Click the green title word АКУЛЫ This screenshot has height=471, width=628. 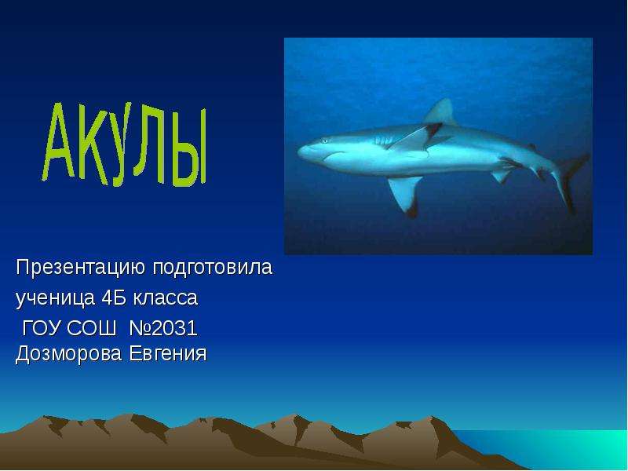pos(125,145)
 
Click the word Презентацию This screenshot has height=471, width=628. pos(81,268)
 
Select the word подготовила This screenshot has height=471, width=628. pos(213,268)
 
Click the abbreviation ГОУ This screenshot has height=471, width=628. pos(42,328)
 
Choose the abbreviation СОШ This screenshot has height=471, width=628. pos(92,328)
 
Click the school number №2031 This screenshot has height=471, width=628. pos(163,328)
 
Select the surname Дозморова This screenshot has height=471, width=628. pos(69,354)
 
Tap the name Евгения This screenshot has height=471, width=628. pos(168,354)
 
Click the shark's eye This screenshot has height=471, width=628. pos(323,141)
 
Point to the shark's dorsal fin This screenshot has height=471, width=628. pos(440,111)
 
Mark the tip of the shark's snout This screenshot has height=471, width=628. pos(298,152)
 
